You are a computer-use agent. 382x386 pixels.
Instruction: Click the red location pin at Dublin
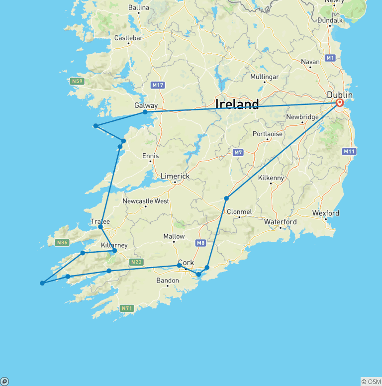coord(340,103)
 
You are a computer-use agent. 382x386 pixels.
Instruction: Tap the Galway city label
coord(146,105)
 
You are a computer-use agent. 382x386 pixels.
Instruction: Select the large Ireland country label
coord(237,104)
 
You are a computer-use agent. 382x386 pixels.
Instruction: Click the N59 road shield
coord(77,81)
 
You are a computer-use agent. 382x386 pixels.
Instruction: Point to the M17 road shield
coord(158,85)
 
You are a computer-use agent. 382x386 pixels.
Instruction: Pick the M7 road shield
coord(238,152)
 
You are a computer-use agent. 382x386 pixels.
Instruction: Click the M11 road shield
coord(349,151)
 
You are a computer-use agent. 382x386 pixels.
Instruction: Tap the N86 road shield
coord(62,243)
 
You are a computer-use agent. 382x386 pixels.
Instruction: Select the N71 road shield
coord(127,308)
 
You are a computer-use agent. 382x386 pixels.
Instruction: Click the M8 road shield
coord(200,243)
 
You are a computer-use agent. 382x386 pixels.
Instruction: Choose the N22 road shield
coord(136,262)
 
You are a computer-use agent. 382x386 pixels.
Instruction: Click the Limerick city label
coord(175,176)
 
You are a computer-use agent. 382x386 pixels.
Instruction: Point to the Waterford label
coord(281,222)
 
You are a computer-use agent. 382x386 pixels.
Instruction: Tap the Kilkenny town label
coord(271,178)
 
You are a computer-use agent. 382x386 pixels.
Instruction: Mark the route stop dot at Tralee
coord(100,227)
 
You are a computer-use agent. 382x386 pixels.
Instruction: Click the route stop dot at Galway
coord(145,112)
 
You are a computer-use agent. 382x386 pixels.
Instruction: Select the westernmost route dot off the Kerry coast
coord(42,283)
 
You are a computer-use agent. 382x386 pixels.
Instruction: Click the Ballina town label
coord(138,7)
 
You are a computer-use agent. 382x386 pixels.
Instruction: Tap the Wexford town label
coord(326,213)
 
